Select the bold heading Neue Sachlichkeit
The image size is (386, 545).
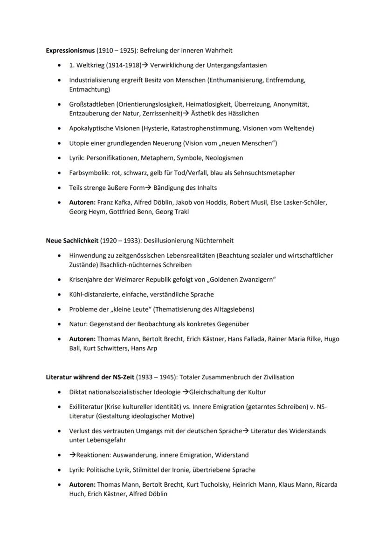(x=72, y=241)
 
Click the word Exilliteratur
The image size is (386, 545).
(x=86, y=407)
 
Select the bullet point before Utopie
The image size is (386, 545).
(x=59, y=143)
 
